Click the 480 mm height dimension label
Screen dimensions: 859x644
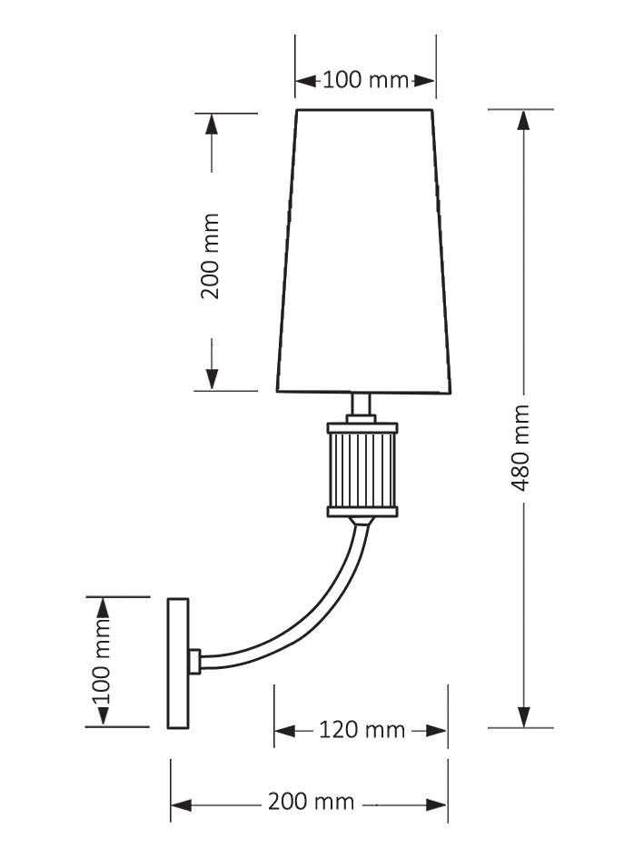[522, 447]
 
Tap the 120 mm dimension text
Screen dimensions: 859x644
[362, 730]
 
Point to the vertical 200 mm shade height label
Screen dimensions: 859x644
[211, 256]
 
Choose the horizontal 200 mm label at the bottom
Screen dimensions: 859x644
[311, 804]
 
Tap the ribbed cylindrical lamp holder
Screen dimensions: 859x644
[362, 469]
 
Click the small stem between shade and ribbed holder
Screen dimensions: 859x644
[362, 405]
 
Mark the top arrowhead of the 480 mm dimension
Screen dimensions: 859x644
[524, 119]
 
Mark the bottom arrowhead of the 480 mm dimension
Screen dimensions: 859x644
[524, 717]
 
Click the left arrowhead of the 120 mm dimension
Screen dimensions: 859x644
[284, 731]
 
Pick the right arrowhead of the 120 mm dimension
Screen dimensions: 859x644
[437, 731]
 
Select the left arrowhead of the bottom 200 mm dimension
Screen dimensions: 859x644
[181, 804]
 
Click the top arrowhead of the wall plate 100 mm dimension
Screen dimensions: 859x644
[103, 606]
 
